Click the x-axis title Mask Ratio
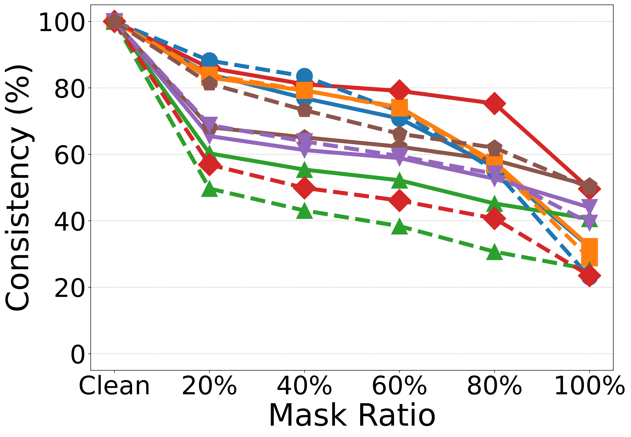[x=352, y=415]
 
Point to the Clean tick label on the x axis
[x=114, y=386]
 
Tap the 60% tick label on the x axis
[x=399, y=386]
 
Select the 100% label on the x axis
[x=589, y=386]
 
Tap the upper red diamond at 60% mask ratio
[x=399, y=90]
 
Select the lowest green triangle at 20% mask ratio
[x=209, y=189]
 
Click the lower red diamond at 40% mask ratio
[x=304, y=188]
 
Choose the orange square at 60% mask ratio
[x=399, y=108]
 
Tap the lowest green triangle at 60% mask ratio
[x=399, y=227]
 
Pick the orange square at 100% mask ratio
[x=589, y=252]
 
